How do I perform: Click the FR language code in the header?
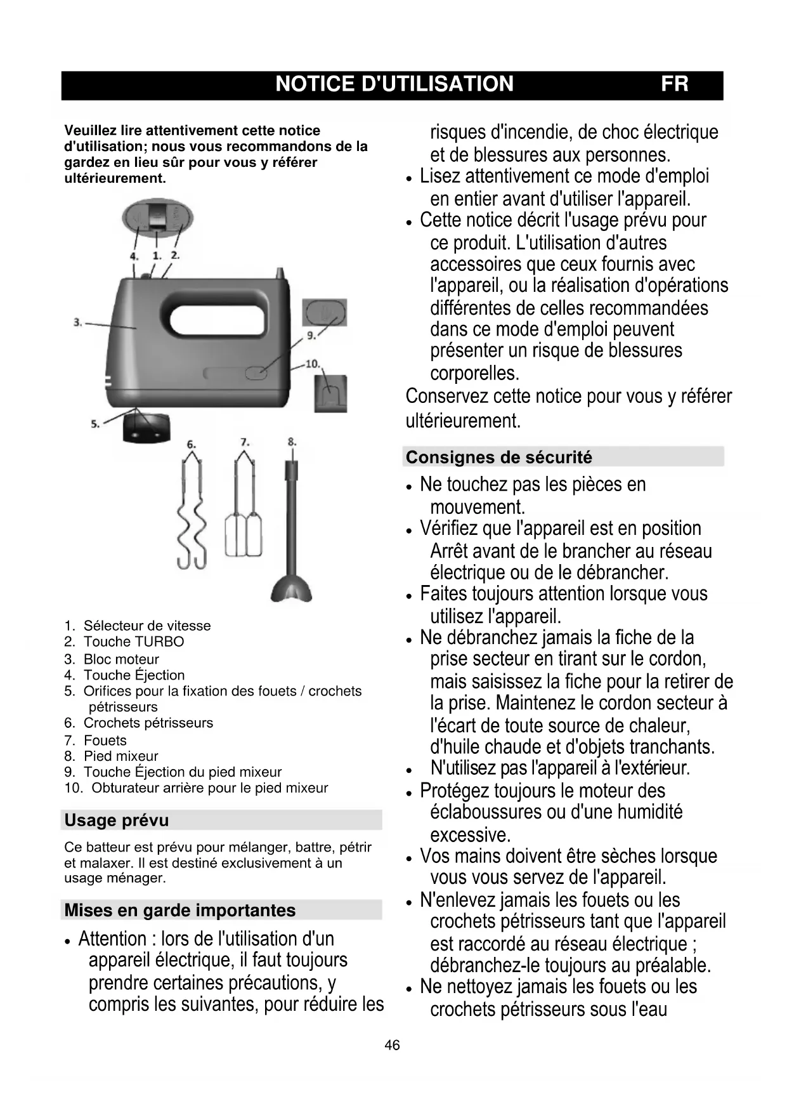[x=674, y=84]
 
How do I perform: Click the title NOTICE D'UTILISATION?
[x=394, y=84]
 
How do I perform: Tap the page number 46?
[x=392, y=1045]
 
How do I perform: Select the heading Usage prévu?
[x=117, y=820]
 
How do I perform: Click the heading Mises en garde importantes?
[x=180, y=911]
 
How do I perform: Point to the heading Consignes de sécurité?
[x=498, y=458]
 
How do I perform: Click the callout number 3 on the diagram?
[x=77, y=322]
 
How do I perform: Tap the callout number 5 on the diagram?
[x=94, y=424]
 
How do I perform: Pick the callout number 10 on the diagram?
[x=313, y=364]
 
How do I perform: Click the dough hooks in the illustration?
[x=192, y=514]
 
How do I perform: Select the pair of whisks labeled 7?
[x=244, y=514]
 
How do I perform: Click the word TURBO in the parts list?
[x=159, y=642]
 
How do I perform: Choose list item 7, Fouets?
[x=105, y=741]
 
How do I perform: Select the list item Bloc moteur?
[x=121, y=659]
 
